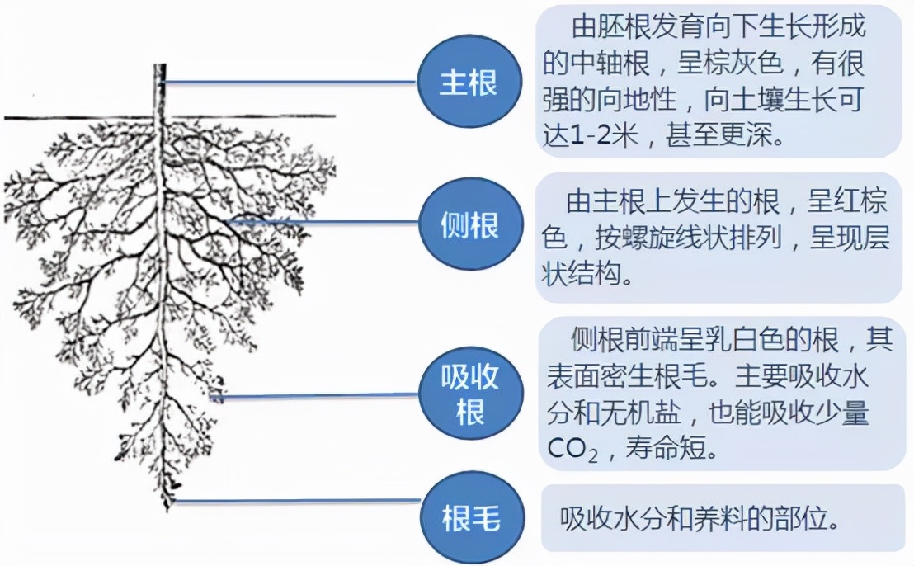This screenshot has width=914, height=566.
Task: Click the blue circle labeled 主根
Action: click(x=469, y=83)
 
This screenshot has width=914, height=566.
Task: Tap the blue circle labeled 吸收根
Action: click(x=470, y=395)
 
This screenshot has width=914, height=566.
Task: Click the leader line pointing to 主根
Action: click(x=289, y=83)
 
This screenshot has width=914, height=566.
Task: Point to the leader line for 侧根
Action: click(x=324, y=222)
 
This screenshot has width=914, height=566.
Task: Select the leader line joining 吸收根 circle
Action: click(x=315, y=396)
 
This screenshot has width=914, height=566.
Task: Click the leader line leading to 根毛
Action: click(x=298, y=500)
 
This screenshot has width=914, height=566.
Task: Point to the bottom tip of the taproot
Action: click(x=168, y=509)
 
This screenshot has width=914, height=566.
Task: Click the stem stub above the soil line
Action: click(x=160, y=91)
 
